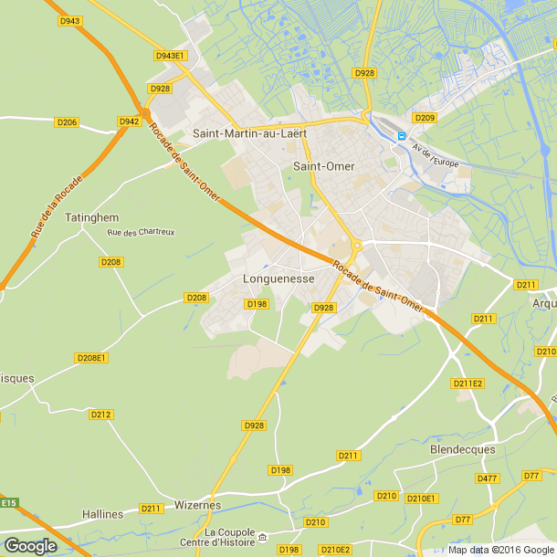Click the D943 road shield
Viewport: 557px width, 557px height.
click(x=69, y=20)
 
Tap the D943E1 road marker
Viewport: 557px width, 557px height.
click(x=170, y=56)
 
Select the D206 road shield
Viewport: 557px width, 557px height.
click(x=67, y=121)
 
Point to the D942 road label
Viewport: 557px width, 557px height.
click(x=129, y=121)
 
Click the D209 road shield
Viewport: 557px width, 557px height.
click(x=424, y=118)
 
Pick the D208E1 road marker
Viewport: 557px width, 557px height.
click(x=91, y=358)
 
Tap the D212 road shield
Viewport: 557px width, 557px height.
click(x=100, y=415)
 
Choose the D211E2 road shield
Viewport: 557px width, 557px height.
click(x=467, y=384)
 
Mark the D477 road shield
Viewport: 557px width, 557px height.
click(x=487, y=478)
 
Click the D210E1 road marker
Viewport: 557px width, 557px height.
click(x=421, y=498)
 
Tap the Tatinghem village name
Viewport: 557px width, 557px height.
click(x=92, y=217)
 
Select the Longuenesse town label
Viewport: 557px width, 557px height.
click(x=278, y=278)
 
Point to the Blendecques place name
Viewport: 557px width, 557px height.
click(x=462, y=449)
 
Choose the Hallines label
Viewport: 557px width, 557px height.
click(x=102, y=514)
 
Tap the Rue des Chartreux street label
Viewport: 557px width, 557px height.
click(x=141, y=232)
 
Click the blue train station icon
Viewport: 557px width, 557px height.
click(x=400, y=137)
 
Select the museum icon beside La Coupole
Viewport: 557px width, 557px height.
click(x=262, y=536)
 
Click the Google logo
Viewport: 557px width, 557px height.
click(x=30, y=545)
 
